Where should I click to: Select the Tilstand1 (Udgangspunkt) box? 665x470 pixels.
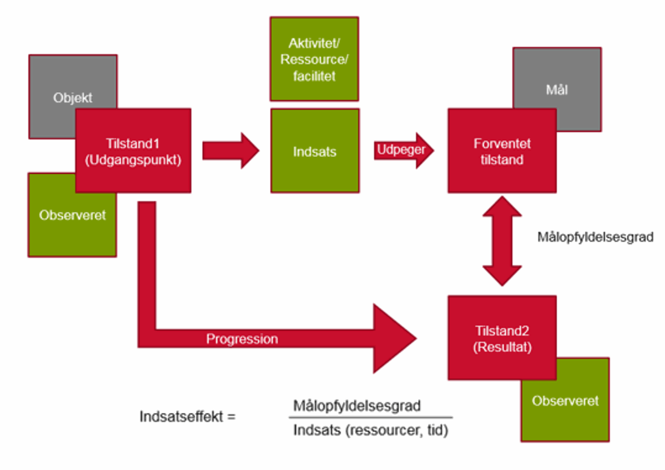coord(133,151)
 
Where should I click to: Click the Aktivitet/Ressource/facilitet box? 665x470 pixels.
coord(314,59)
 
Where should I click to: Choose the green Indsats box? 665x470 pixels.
coord(315,151)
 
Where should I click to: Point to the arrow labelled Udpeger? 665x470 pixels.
coord(403,150)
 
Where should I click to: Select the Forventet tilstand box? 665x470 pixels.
coord(502,151)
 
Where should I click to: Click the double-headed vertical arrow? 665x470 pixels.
coord(502,241)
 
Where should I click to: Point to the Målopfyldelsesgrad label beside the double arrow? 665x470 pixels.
coord(595,237)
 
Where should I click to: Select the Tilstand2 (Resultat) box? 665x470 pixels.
coord(502,338)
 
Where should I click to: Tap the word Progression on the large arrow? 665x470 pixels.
coord(242,339)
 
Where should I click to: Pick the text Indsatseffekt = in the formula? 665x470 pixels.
coord(187,416)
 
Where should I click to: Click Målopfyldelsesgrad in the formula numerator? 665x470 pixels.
coord(357,405)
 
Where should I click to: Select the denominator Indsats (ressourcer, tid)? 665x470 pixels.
coord(370,430)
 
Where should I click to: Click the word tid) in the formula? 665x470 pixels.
coord(437,430)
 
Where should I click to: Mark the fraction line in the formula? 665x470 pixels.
coord(370,417)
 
